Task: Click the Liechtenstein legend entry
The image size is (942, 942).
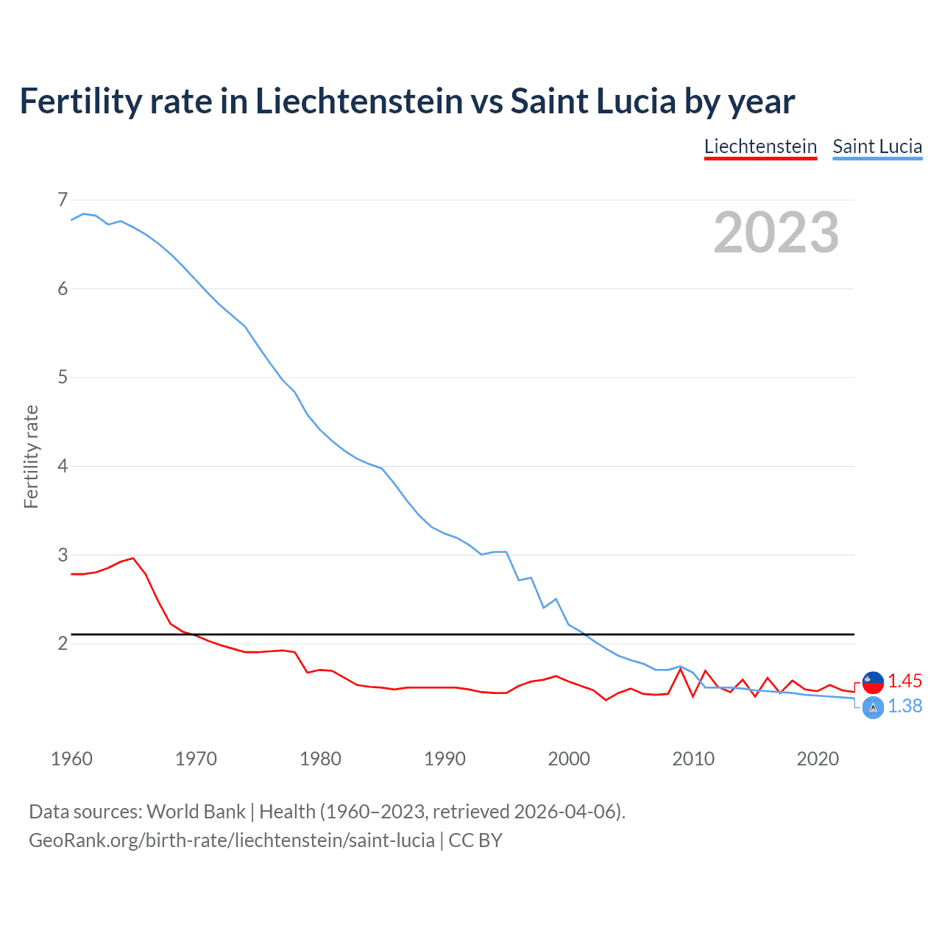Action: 760,146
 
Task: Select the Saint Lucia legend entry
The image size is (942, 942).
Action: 877,146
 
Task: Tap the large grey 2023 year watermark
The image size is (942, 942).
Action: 776,233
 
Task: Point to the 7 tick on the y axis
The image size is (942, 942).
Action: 63,199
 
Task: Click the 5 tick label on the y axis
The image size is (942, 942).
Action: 63,378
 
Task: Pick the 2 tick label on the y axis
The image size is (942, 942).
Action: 63,644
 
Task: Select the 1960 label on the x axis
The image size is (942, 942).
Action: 71,759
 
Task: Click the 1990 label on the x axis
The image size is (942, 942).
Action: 445,759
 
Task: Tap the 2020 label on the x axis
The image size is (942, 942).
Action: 818,759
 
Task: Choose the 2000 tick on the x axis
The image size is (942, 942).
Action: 569,759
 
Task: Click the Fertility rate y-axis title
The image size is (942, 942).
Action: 31,456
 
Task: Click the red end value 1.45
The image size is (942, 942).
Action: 904,681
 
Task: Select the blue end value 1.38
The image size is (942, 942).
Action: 904,706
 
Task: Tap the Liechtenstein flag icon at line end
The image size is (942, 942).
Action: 873,682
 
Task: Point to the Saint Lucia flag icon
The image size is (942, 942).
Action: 873,708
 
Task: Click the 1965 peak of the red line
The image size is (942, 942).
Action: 133,558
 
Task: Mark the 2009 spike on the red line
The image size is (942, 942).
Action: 681,668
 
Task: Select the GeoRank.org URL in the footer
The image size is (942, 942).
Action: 231,840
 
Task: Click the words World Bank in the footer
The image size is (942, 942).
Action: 196,811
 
